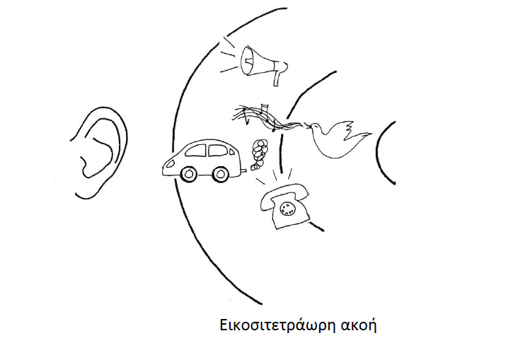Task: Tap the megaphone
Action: pyautogui.click(x=259, y=62)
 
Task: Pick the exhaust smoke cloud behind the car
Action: pyautogui.click(x=260, y=151)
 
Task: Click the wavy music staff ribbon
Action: pyautogui.click(x=265, y=117)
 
